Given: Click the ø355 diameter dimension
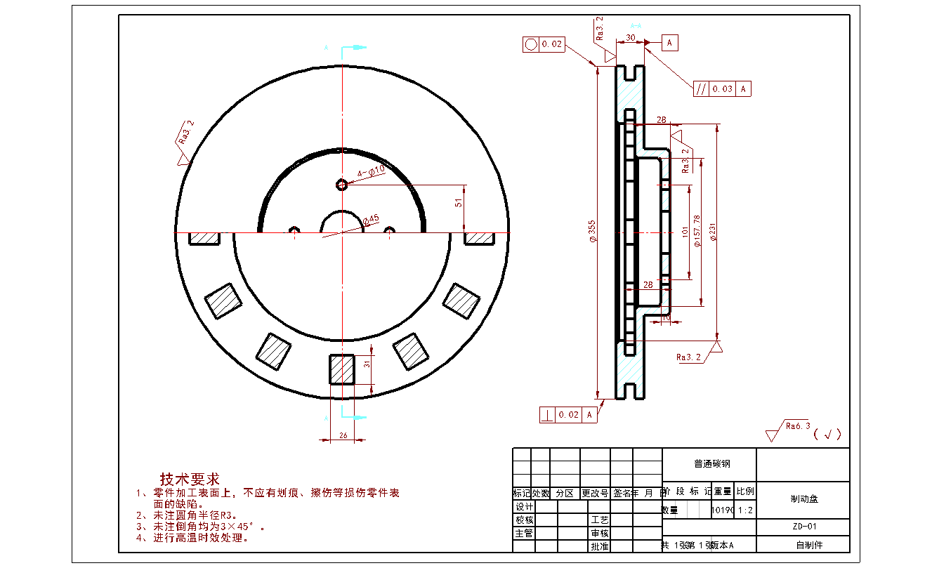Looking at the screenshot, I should tap(593, 232).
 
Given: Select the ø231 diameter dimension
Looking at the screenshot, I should tap(713, 232).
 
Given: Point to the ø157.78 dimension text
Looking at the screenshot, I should tap(697, 232).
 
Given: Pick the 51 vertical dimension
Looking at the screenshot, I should tap(459, 203).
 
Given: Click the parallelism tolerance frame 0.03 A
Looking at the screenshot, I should tap(722, 88).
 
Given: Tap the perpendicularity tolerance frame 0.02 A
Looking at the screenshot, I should tap(570, 415).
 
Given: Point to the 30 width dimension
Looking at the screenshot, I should tap(630, 37).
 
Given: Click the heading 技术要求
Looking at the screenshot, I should tap(190, 480).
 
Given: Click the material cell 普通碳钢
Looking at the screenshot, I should tap(709, 464).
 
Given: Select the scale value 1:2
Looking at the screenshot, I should tap(745, 510).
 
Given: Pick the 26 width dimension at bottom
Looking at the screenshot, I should tap(343, 435).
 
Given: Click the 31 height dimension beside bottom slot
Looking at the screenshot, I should tap(367, 363).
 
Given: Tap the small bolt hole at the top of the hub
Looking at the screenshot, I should tap(342, 185).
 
